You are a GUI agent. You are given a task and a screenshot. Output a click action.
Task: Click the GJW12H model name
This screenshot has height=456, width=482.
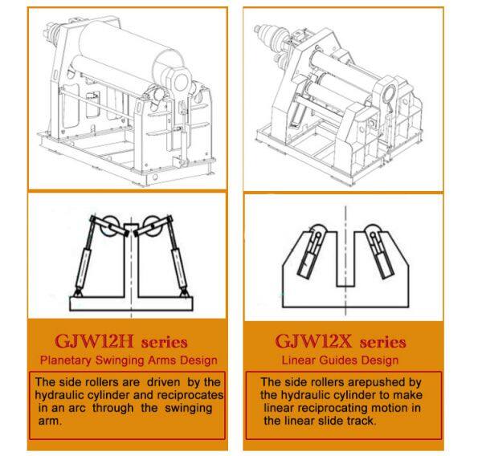click(x=94, y=341)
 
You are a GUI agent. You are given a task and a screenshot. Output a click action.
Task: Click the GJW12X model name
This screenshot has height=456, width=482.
click(x=313, y=341)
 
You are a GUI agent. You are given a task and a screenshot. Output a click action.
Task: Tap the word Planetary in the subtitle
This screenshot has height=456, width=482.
click(x=66, y=360)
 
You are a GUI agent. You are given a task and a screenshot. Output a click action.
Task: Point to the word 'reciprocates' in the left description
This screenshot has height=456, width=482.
click(x=190, y=395)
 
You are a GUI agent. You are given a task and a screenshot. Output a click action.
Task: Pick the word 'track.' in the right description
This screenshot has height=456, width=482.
click(x=361, y=421)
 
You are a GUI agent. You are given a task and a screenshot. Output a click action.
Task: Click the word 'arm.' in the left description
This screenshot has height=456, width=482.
click(x=50, y=421)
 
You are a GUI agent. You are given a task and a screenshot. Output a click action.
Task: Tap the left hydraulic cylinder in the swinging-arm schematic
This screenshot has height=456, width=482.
click(x=85, y=258)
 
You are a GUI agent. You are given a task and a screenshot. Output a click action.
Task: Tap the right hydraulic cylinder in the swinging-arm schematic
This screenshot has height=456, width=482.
click(x=178, y=258)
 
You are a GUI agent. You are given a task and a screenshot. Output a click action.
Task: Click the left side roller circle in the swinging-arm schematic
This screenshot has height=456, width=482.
click(x=109, y=226)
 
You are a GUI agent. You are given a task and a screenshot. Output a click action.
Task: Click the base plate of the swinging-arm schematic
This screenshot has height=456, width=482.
click(x=131, y=303)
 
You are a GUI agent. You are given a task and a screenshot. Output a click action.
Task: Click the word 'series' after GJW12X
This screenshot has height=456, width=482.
click(x=382, y=343)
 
